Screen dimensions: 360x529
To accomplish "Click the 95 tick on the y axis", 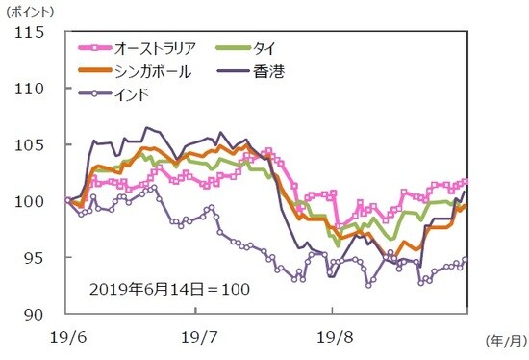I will pyautogui.click(x=36, y=258).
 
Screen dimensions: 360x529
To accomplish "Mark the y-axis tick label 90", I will pyautogui.click(x=36, y=314).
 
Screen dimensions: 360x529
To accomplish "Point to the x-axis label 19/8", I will pyautogui.click(x=331, y=338).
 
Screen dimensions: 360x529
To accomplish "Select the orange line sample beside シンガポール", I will pyautogui.click(x=93, y=71).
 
